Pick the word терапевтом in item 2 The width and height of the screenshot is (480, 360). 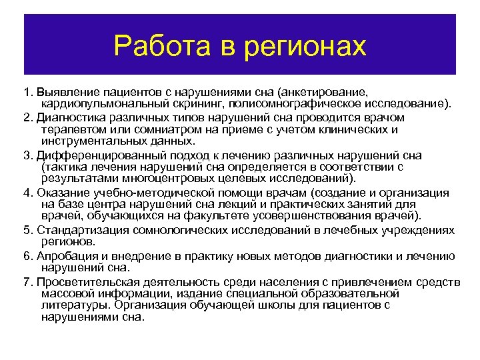pyautogui.click(x=73, y=129)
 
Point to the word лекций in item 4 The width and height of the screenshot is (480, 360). pyautogui.click(x=234, y=204)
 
